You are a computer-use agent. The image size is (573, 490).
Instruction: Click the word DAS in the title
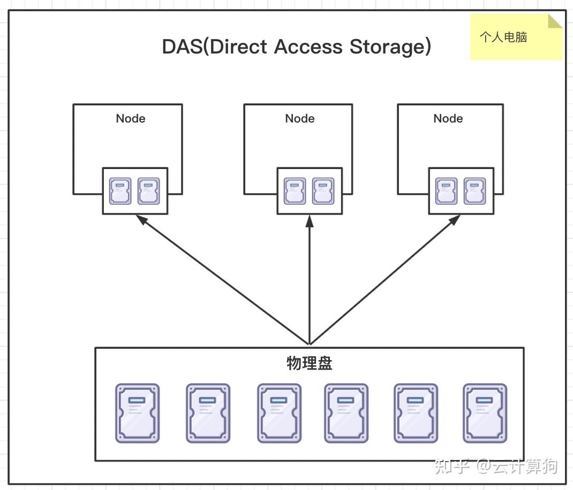coord(182,47)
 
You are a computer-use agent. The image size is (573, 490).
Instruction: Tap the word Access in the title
coord(308,47)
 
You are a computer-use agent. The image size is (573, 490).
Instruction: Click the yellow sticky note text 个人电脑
coord(503,37)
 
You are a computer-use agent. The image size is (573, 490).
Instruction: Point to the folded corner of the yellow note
coord(555,21)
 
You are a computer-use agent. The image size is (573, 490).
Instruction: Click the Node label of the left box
coord(131,118)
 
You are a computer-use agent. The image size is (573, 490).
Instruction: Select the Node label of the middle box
coord(300,118)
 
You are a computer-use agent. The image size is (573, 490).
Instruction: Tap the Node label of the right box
coord(448,118)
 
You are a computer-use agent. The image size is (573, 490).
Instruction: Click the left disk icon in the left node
coord(120,191)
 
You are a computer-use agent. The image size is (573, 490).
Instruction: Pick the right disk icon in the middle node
coord(323,191)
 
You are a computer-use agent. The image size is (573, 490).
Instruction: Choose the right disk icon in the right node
coord(475,191)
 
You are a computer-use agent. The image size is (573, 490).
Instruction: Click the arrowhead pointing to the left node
coord(141,220)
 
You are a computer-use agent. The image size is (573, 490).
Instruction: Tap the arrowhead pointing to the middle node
coord(310,221)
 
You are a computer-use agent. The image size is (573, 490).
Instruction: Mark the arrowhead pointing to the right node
coord(454,220)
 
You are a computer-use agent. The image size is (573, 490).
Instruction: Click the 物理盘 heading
coord(309,363)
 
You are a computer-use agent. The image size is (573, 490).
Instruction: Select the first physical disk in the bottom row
coord(138,413)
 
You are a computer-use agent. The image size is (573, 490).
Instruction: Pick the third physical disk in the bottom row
coord(279,413)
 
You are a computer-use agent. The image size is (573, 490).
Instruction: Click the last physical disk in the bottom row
coord(485,413)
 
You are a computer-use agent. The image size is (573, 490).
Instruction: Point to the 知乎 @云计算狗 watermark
coord(495,466)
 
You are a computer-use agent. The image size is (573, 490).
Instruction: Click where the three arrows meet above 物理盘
coord(310,344)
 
